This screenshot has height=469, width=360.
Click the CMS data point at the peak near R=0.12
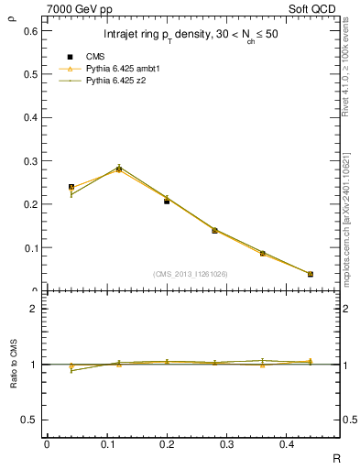point(119,169)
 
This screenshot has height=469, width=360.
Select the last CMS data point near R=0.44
point(310,274)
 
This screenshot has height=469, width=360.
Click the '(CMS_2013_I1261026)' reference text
point(190,273)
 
